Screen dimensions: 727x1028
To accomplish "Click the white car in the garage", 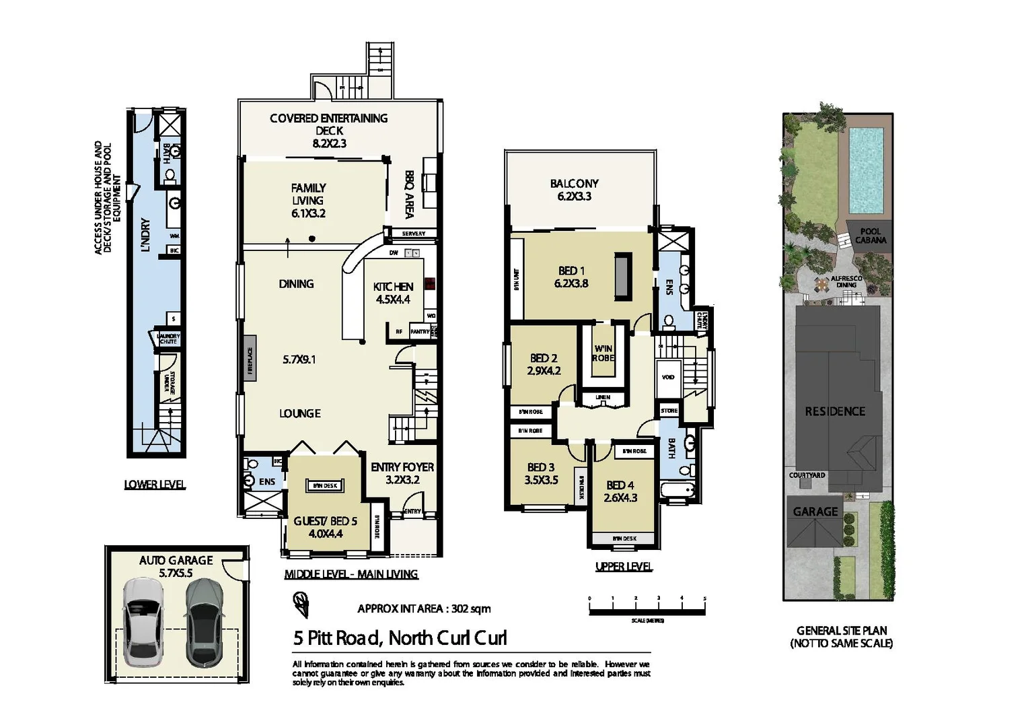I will pyautogui.click(x=143, y=622).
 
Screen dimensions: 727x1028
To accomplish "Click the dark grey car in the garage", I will pyautogui.click(x=204, y=622).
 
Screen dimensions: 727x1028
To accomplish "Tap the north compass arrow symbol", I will pyautogui.click(x=301, y=604).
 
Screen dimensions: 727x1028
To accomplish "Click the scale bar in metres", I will pyautogui.click(x=647, y=607).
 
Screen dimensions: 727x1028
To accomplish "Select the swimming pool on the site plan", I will pyautogui.click(x=866, y=170).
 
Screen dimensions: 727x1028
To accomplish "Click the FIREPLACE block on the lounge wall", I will pyautogui.click(x=250, y=359).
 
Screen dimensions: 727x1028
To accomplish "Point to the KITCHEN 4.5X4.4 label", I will pyautogui.click(x=393, y=293).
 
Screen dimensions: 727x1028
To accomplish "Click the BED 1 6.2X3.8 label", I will pyautogui.click(x=571, y=277).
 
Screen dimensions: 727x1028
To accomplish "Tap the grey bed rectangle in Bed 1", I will pyautogui.click(x=623, y=276).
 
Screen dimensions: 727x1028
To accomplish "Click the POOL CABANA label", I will pyautogui.click(x=871, y=236).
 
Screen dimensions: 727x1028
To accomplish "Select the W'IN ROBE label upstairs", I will pyautogui.click(x=603, y=353).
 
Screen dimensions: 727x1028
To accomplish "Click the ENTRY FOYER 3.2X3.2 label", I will pyautogui.click(x=402, y=473).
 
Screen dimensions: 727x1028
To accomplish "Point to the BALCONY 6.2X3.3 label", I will pyautogui.click(x=574, y=189).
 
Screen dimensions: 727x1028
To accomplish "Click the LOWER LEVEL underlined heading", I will pyautogui.click(x=155, y=484).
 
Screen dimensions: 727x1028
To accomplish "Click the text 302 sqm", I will pyautogui.click(x=470, y=609).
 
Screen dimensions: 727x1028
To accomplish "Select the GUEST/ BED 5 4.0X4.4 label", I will pyautogui.click(x=326, y=527).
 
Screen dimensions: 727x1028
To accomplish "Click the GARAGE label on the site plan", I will pyautogui.click(x=815, y=512).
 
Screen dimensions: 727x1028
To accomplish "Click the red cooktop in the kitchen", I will pyautogui.click(x=429, y=283).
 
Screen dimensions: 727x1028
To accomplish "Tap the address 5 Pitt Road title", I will pyautogui.click(x=400, y=637).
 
